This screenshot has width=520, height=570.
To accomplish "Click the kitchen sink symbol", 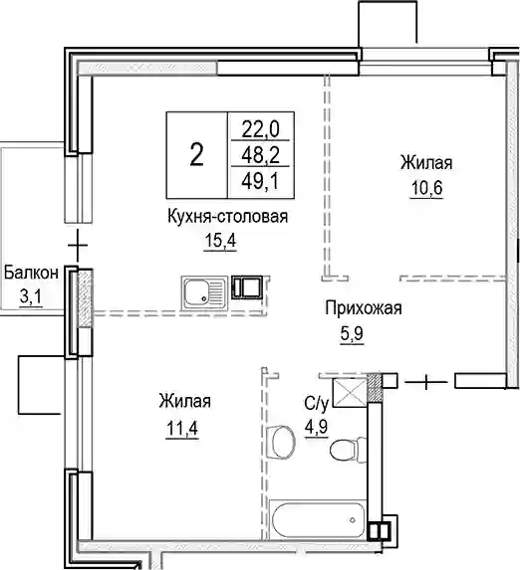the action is click(204, 293).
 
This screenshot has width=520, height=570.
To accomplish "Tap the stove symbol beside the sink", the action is click(246, 286).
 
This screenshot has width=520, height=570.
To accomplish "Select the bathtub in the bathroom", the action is click(317, 519).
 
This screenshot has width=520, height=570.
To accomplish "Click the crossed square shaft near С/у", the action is click(350, 393).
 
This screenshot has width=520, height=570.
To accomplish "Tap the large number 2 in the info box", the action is click(196, 155).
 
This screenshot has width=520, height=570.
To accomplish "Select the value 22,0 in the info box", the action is click(261, 129).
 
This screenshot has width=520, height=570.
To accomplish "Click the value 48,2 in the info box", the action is click(261, 155).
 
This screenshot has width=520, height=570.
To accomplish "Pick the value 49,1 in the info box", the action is click(261, 181).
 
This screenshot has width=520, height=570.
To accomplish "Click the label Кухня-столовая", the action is click(228, 217).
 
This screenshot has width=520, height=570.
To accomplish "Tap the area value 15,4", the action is click(221, 241).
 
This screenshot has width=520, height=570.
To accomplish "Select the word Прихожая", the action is click(364, 309).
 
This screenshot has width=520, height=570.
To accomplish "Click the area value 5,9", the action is click(352, 333).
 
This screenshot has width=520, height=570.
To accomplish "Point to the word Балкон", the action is click(31, 273).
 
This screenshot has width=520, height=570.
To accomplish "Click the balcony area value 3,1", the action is click(31, 297).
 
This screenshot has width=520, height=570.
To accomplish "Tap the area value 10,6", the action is click(426, 188).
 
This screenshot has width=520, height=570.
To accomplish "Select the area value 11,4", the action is click(182, 429).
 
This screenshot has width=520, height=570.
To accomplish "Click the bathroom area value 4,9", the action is click(317, 427).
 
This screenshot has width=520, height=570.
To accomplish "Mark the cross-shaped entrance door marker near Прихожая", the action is click(426, 382).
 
